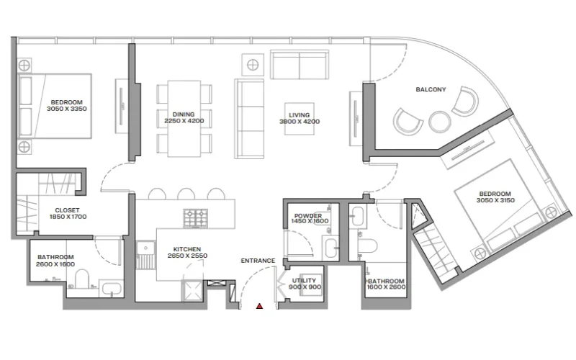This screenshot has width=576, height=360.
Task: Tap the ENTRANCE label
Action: click(258, 261)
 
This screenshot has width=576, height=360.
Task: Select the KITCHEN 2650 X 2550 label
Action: click(171, 251)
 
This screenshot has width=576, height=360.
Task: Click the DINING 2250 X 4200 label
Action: click(174, 117)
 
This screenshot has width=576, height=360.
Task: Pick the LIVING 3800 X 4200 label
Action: click(299, 117)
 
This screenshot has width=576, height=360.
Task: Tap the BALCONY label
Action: click(431, 90)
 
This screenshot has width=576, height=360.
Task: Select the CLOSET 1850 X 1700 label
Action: click(68, 212)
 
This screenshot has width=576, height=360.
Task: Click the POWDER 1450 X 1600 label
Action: click(310, 218)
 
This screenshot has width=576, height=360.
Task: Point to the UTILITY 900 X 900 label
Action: click(306, 284)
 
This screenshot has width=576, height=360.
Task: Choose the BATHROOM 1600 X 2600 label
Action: click(385, 284)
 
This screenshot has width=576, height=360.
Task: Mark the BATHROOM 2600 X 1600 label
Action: click(55, 261)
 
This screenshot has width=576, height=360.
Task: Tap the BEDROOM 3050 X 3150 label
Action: click(493, 197)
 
